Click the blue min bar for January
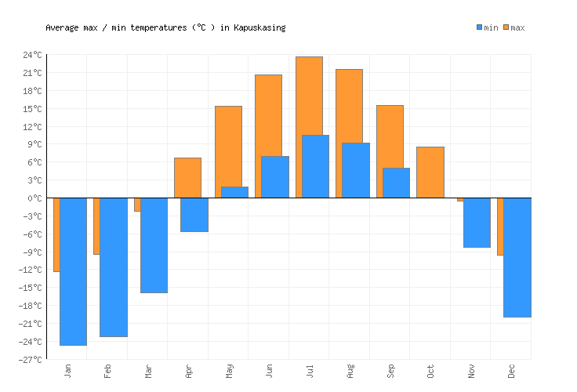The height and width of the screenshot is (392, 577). [73, 271]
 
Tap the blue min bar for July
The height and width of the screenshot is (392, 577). [315, 166]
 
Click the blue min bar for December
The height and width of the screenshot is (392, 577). [517, 257]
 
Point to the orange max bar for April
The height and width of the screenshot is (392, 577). [187, 178]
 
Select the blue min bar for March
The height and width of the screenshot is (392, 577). [154, 245]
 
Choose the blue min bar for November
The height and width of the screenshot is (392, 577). [477, 223]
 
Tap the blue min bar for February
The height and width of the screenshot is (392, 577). [114, 267]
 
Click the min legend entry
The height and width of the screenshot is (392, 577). [487, 27]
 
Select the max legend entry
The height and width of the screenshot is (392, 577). [513, 27]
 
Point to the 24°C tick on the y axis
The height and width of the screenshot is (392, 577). [32, 55]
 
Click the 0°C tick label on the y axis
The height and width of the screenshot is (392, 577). [35, 198]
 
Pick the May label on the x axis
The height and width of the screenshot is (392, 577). [229, 370]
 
